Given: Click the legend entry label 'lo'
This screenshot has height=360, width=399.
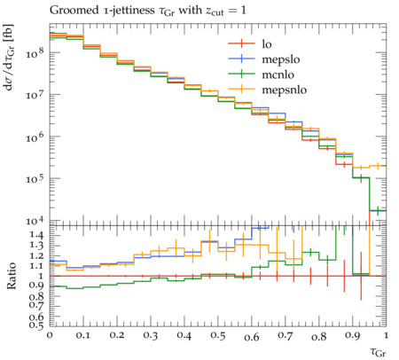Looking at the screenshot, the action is [x=267, y=44].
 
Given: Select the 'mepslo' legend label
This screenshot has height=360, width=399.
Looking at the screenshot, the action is [x=281, y=59].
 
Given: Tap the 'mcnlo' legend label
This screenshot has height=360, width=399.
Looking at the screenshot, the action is [x=278, y=74].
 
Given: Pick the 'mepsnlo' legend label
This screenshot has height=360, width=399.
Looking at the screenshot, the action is [x=285, y=90].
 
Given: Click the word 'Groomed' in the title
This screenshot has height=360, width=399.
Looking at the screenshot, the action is [x=74, y=11].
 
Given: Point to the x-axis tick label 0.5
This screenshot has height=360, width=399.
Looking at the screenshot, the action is [x=218, y=336].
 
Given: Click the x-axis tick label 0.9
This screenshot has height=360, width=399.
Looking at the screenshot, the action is [x=353, y=336].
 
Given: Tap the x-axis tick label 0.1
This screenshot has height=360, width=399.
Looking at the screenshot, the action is [x=83, y=336].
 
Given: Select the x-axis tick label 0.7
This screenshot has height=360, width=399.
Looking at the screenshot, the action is [x=286, y=336].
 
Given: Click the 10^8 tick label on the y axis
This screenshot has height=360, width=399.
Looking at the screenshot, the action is [x=35, y=52].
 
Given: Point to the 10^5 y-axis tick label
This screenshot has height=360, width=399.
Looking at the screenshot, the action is [x=35, y=178].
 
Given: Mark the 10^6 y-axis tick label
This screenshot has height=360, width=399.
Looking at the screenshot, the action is [x=35, y=137].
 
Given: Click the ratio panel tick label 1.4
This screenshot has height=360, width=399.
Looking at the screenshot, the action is [x=37, y=235].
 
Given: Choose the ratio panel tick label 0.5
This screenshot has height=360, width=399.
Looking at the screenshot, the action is [x=37, y=325].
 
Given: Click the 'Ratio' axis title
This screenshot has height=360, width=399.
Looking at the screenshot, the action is [x=11, y=276].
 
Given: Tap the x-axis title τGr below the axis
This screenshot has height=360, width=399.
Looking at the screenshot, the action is [x=378, y=352].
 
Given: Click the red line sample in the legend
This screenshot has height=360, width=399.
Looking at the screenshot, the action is [x=241, y=43].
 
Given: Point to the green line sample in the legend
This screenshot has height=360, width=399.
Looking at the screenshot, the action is [x=241, y=74].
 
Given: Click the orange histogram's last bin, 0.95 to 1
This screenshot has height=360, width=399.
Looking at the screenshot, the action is [x=378, y=166].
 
